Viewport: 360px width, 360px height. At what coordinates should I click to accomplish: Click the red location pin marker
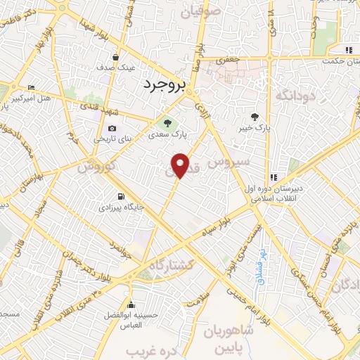(x=181, y=165)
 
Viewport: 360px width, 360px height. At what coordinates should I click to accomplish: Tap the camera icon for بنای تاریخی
(x=112, y=128)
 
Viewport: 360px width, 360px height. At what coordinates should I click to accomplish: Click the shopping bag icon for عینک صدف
(x=116, y=58)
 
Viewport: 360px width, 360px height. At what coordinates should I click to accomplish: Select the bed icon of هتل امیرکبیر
(x=30, y=89)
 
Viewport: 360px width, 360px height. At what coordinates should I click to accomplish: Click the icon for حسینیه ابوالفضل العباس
(x=131, y=304)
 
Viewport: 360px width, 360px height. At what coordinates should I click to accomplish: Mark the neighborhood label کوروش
(x=95, y=169)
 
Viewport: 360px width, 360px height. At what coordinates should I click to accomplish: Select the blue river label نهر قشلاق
(x=260, y=264)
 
